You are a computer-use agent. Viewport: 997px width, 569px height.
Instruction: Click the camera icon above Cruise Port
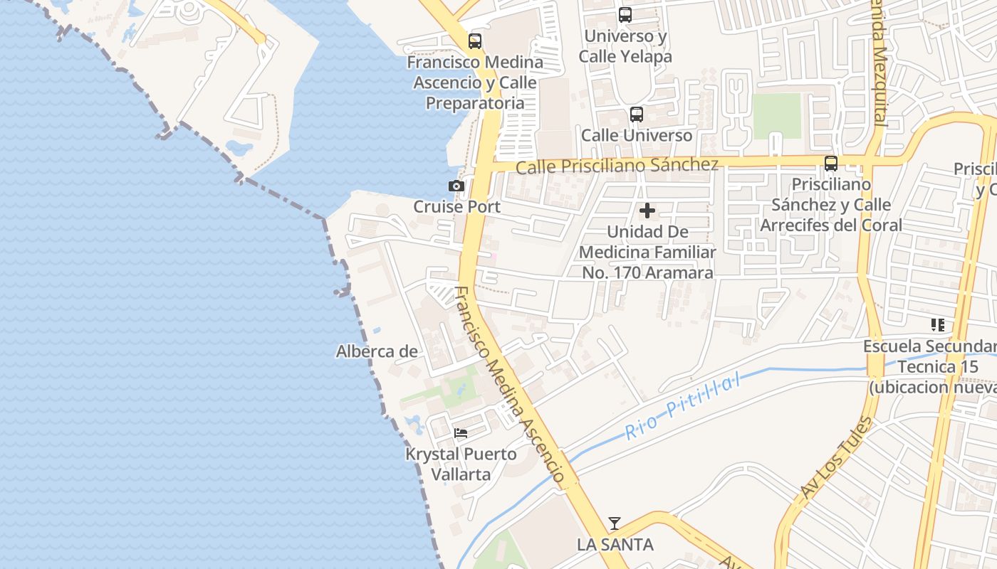point(456,186)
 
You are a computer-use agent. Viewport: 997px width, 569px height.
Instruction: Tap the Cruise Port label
point(457,207)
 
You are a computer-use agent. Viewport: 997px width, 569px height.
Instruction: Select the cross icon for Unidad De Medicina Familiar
point(647,211)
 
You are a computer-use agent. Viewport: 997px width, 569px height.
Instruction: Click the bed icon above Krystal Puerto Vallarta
point(461,432)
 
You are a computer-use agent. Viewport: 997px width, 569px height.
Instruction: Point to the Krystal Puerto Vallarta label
point(461,464)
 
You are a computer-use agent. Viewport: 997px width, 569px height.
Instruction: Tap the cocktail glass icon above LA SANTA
point(615,523)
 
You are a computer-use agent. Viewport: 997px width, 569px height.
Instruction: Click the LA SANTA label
point(615,545)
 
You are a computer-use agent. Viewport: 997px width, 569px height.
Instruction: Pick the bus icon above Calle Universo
point(637,114)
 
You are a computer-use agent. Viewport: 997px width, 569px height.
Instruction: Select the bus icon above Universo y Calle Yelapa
point(625,14)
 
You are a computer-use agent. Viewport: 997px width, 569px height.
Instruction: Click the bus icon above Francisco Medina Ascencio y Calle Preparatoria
point(475,41)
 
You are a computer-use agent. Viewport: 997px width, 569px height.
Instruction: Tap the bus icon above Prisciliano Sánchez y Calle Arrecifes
point(831,164)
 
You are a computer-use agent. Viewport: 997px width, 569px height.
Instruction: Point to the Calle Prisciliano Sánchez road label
point(617,166)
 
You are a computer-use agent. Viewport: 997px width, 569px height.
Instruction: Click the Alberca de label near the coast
point(377,351)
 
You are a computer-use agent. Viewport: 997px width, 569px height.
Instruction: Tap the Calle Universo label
point(637,135)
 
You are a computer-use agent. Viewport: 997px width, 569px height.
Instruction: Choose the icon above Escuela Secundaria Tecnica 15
point(937,325)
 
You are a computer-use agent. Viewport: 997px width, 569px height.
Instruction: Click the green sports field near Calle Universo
point(777,116)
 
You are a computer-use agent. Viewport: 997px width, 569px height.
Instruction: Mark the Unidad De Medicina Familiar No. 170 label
point(647,252)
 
